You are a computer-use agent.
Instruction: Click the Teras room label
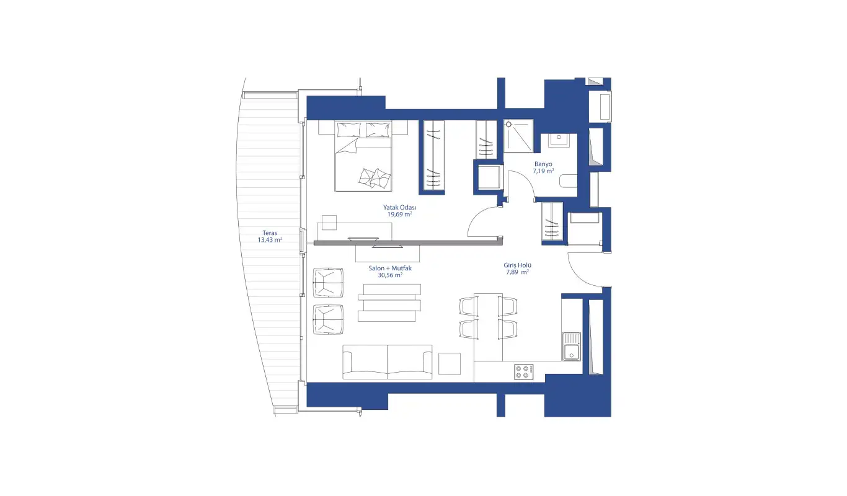pyautogui.click(x=270, y=233)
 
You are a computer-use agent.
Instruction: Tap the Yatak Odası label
pyautogui.click(x=400, y=208)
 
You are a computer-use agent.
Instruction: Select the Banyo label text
pyautogui.click(x=543, y=164)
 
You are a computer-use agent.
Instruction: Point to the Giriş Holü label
pyautogui.click(x=517, y=265)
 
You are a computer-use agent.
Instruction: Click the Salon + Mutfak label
pyautogui.click(x=390, y=268)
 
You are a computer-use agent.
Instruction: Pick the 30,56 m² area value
pyautogui.click(x=390, y=275)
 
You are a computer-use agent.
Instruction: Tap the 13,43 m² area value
pyautogui.click(x=270, y=240)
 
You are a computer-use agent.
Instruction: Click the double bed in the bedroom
pyautogui.click(x=363, y=156)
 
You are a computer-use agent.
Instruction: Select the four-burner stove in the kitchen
pyautogui.click(x=524, y=371)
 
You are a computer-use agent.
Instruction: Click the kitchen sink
pyautogui.click(x=571, y=347)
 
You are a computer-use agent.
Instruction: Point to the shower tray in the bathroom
pyautogui.click(x=518, y=136)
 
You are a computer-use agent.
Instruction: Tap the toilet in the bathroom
pyautogui.click(x=569, y=180)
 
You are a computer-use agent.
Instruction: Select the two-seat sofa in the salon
pyautogui.click(x=387, y=362)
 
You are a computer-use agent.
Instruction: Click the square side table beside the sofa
pyautogui.click(x=450, y=364)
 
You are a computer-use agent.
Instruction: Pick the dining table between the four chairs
pyautogui.click(x=488, y=327)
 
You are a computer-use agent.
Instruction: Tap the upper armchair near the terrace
pyautogui.click(x=328, y=282)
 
